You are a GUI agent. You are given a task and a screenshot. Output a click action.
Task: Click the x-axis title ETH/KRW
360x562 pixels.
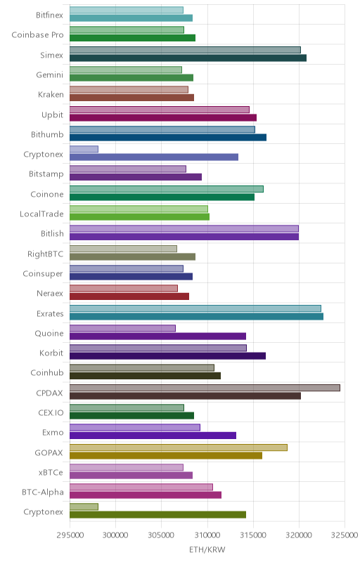(x=207, y=549)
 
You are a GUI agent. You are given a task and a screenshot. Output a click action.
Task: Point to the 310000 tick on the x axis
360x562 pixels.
(x=207, y=535)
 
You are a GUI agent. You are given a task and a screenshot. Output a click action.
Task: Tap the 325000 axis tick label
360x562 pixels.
(x=345, y=535)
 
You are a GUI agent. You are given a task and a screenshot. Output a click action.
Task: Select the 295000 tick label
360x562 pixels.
(x=70, y=535)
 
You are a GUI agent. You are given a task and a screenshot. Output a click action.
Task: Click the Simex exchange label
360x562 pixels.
(x=51, y=55)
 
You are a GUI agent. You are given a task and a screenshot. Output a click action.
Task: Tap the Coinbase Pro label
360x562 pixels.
(x=38, y=34)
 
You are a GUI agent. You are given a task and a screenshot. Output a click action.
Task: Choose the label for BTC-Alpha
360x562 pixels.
(x=43, y=492)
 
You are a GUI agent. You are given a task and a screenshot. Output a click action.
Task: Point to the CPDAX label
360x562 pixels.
(x=49, y=393)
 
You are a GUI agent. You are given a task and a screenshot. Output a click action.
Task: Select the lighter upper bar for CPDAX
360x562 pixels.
(x=205, y=388)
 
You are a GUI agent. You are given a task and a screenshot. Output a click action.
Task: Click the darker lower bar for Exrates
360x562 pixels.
(x=196, y=316)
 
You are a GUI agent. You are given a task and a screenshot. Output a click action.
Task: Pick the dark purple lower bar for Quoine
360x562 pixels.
(x=157, y=336)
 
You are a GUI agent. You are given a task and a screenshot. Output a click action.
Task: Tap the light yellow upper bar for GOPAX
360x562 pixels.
(x=179, y=447)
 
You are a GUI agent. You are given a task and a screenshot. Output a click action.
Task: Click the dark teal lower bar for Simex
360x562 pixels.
(x=188, y=58)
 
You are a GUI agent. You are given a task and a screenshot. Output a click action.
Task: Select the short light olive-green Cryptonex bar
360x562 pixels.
(x=84, y=507)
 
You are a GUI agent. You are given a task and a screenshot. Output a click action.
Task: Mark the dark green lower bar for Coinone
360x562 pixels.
(x=162, y=197)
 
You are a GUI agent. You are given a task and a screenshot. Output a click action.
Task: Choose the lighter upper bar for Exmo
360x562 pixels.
(x=135, y=427)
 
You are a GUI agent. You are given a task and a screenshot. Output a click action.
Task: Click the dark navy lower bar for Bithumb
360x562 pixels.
(x=168, y=137)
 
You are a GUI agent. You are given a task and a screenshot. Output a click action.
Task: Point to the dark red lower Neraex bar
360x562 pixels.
(x=129, y=296)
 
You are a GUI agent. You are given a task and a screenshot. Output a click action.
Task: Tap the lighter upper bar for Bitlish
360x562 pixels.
(x=184, y=229)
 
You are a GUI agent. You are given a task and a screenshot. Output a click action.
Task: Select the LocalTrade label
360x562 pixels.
(x=41, y=214)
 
